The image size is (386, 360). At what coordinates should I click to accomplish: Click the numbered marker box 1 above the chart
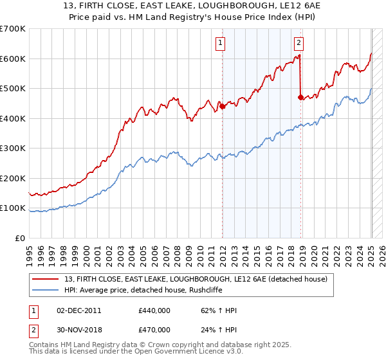(220, 43)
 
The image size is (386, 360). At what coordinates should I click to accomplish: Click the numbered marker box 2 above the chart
(299, 43)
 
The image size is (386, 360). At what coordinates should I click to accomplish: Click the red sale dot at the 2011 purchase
(223, 107)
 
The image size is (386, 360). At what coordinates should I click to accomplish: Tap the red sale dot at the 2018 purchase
(300, 98)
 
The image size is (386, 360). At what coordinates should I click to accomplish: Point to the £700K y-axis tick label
(12, 29)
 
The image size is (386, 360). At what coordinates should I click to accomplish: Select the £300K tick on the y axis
(12, 148)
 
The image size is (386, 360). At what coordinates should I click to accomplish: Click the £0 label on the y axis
(20, 239)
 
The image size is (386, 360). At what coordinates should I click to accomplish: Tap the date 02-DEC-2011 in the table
(79, 310)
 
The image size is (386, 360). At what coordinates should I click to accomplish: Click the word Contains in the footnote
(45, 345)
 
